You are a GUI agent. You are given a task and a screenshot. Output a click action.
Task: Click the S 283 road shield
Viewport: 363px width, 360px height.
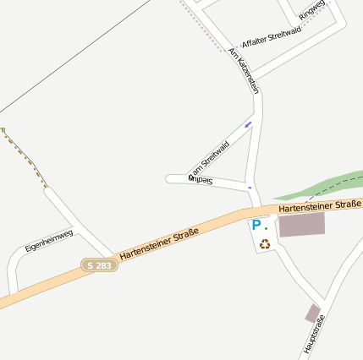point(100,265)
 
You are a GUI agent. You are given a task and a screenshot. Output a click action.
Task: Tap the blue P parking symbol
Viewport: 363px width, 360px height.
point(256,225)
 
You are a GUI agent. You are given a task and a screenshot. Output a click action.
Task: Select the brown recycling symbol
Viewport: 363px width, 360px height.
point(265,244)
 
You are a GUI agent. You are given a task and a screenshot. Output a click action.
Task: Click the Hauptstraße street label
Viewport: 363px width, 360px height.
point(314,334)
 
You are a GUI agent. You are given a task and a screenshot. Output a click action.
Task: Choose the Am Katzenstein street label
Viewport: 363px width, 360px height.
point(244,69)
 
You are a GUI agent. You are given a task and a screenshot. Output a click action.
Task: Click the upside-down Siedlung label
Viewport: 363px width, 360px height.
point(201,179)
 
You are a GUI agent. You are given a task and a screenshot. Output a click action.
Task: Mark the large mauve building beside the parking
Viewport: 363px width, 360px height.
point(301,224)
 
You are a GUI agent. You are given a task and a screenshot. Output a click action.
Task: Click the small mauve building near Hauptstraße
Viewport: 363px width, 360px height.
point(313,313)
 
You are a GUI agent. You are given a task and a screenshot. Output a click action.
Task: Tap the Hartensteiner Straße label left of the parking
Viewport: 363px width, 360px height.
point(159,243)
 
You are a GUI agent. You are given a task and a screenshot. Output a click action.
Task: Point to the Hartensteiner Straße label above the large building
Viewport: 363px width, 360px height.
point(319,205)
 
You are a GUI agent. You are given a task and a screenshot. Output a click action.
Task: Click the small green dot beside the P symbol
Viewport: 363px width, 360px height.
point(266,227)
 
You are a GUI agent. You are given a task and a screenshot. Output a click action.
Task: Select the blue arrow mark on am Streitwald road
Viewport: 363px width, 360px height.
point(248,124)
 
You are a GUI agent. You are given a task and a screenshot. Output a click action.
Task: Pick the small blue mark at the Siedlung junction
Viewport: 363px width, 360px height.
point(250,188)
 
